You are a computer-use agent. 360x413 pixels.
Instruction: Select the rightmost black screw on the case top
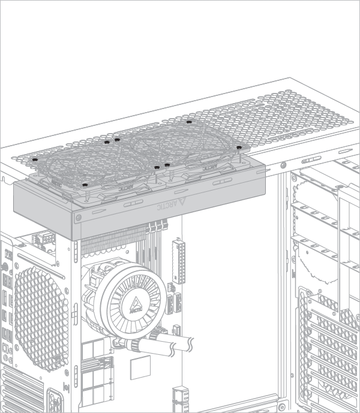point(239,147)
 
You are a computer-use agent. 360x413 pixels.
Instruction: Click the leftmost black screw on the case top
point(35,159)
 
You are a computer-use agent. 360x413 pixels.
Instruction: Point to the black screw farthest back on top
point(189,122)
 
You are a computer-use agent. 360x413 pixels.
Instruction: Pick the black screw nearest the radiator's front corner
point(85,185)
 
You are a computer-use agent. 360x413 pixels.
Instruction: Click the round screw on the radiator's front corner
point(78,218)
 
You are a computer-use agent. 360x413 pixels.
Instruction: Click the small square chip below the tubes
point(140,367)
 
